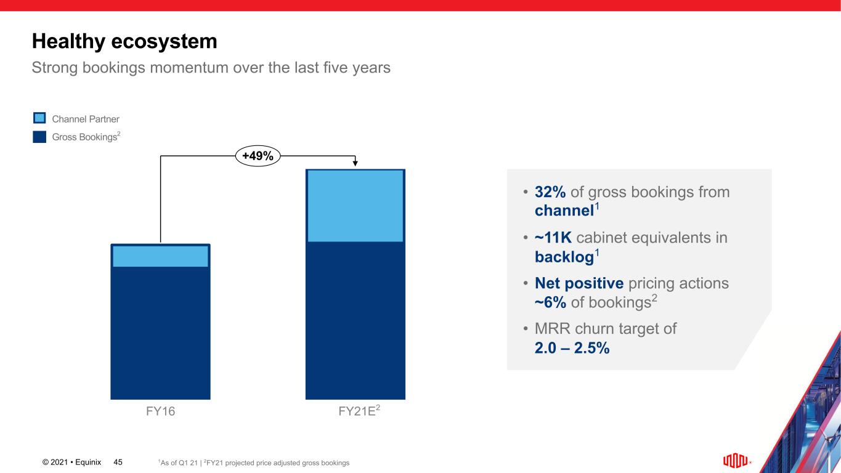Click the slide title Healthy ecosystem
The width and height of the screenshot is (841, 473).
[x=124, y=42]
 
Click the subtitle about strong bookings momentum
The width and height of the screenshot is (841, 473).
[x=211, y=68]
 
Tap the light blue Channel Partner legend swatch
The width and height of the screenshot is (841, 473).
[x=39, y=118]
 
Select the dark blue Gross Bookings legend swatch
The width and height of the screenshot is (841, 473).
[x=39, y=137]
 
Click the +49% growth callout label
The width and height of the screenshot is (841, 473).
[x=258, y=156]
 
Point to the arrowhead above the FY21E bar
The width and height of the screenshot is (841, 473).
[x=355, y=163]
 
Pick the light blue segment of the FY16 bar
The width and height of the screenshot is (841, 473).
[x=160, y=256]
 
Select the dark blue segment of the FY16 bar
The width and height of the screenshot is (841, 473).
[x=160, y=333]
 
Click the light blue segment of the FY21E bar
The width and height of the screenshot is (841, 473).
[x=355, y=206]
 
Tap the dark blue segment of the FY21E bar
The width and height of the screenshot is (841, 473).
[x=355, y=320]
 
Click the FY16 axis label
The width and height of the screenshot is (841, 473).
[x=160, y=412]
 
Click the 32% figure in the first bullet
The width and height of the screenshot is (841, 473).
[x=550, y=192]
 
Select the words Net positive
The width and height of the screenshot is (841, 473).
[x=579, y=283]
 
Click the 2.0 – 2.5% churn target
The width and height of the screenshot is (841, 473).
[x=572, y=347]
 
